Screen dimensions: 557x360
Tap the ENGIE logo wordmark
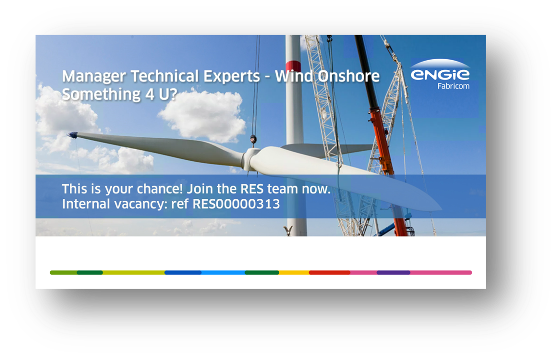440,74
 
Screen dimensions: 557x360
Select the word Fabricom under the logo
454,86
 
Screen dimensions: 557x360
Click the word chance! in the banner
162,189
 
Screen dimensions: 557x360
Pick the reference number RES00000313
236,204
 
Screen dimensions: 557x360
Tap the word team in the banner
283,189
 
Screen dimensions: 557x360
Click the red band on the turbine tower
293,66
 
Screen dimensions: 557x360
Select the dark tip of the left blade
72,135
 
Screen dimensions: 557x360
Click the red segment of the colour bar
330,273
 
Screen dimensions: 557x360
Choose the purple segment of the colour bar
393,273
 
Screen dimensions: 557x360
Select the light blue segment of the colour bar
223,273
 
